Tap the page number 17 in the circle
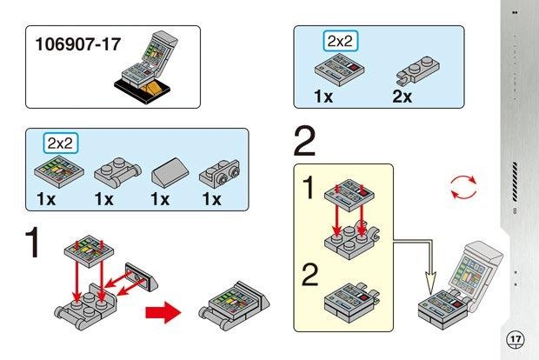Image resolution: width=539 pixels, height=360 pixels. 515,338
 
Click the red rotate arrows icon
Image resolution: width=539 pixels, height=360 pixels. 463,186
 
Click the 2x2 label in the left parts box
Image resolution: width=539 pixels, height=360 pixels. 62,143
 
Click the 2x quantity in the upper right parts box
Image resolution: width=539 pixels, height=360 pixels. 402,96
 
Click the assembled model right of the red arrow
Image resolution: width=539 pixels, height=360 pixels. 230,300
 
